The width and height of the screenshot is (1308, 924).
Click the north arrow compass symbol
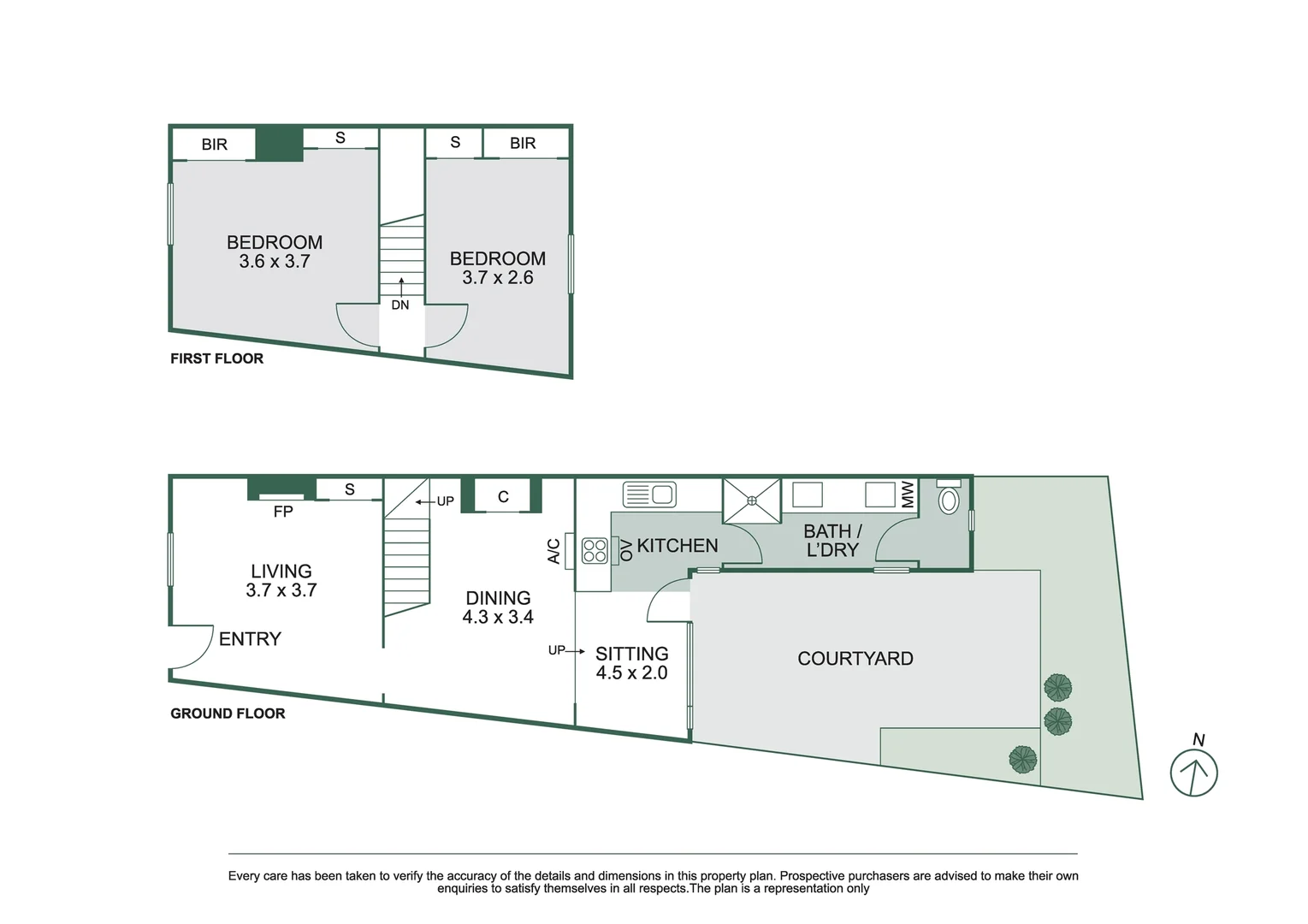[x=1193, y=772]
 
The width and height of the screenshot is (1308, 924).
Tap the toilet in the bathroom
[x=948, y=498]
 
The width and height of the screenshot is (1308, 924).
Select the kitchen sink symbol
[x=649, y=495]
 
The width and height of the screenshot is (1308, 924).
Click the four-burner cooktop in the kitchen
[x=595, y=550]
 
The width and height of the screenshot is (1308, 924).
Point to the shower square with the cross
[x=752, y=500]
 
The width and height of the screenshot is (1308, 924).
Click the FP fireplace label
[x=283, y=512]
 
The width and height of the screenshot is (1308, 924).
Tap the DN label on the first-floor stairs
[x=400, y=305]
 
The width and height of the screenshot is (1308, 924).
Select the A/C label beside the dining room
[x=553, y=551]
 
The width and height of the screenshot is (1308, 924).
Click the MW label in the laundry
[x=908, y=494]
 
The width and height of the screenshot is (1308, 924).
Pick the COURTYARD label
[x=855, y=658]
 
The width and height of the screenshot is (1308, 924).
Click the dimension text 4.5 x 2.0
[x=631, y=673]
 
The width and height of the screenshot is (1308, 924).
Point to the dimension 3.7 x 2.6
[x=497, y=278]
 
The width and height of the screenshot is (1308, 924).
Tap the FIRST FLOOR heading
[x=216, y=358]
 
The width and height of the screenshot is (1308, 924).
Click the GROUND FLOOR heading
[x=228, y=714]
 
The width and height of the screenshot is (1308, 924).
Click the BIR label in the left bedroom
[x=214, y=145]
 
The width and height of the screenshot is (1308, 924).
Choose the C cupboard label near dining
[x=503, y=497]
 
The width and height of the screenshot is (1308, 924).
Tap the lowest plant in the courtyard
[x=1022, y=759]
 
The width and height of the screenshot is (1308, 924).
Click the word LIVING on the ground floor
[x=281, y=571]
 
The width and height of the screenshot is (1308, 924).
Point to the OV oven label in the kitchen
[x=626, y=550]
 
